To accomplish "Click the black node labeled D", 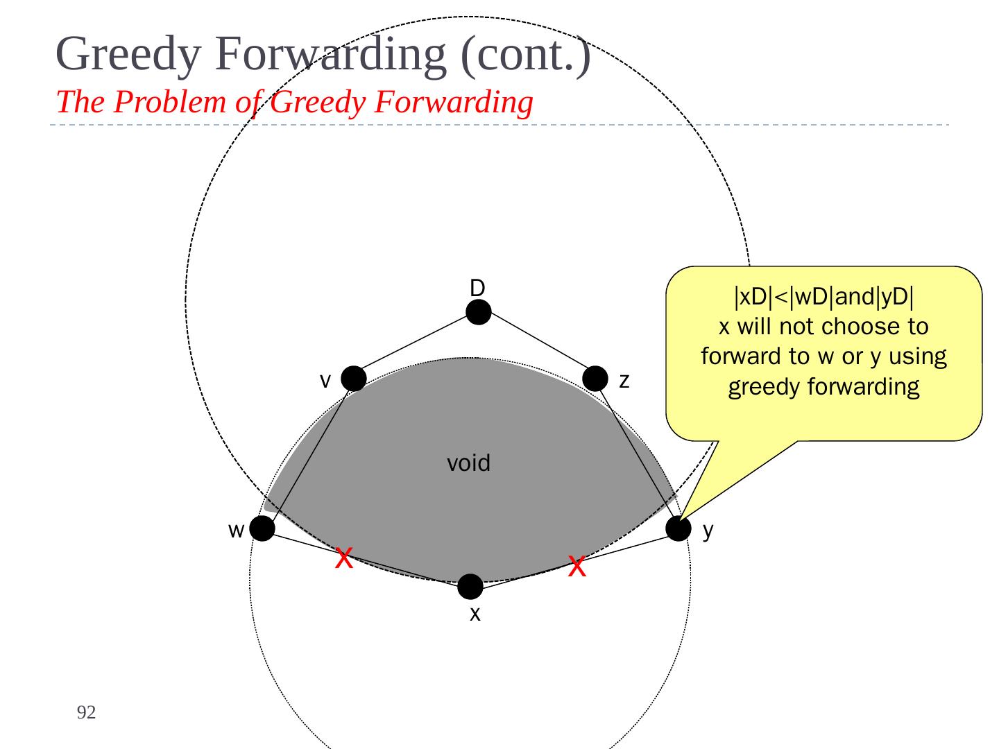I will [479, 312].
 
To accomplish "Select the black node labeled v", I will [353, 379].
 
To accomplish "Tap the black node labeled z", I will [595, 378].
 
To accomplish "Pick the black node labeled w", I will [262, 529].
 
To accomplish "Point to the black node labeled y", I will [678, 528].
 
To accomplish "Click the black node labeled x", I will [470, 587].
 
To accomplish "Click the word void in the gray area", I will [468, 463].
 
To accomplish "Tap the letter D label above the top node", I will [477, 288].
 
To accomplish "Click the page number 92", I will [86, 712].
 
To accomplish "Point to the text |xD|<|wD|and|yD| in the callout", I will [823, 297].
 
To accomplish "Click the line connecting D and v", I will [416, 345].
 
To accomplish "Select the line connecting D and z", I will [538, 345].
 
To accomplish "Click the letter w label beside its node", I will [236, 531].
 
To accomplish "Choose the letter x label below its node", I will [475, 614].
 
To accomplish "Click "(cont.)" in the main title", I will [526, 54].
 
